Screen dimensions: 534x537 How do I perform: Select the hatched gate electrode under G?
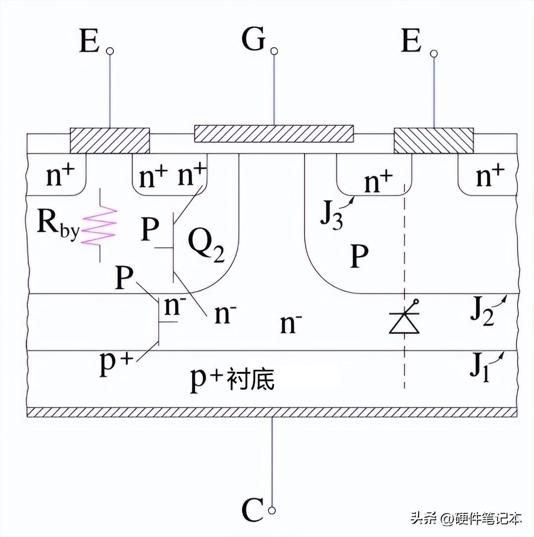coord(274,133)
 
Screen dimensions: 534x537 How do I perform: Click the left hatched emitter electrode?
coord(109,141)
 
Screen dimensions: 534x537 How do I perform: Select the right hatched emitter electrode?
coord(433,141)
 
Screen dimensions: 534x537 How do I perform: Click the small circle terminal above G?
coord(274,51)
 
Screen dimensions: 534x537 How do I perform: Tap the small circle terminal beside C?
coord(271,510)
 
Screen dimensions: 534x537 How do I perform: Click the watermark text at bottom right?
coord(466,519)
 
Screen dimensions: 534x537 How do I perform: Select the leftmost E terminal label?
coord(89,42)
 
